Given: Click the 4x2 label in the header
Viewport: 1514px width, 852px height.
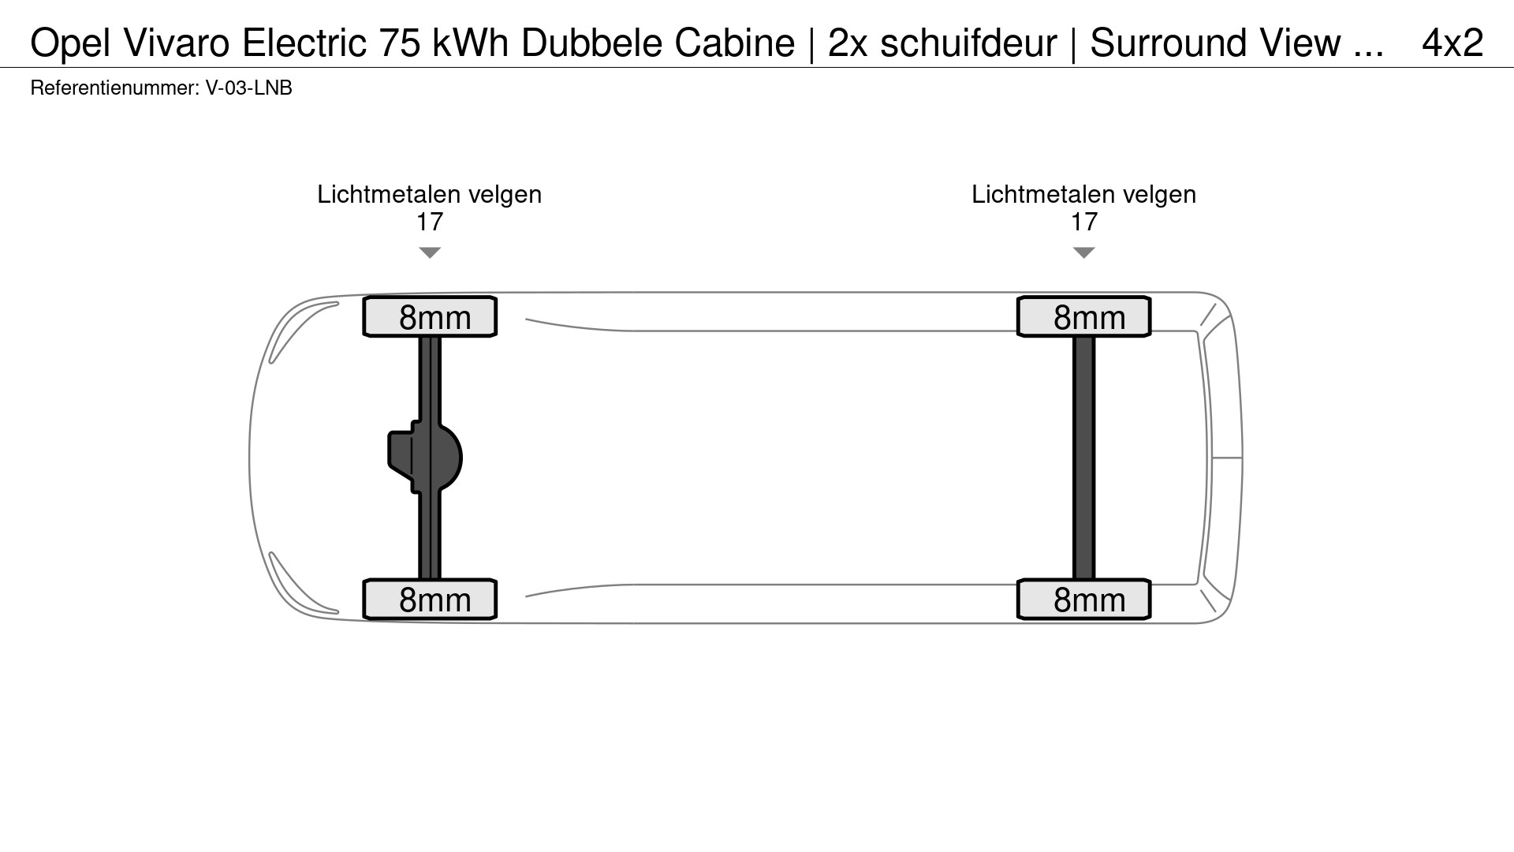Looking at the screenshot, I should click(1452, 43).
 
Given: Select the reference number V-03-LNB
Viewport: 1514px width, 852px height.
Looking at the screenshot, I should click(248, 88).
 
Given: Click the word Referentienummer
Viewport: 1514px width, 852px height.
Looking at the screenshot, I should click(114, 88).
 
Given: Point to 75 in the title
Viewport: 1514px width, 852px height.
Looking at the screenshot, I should click(399, 43).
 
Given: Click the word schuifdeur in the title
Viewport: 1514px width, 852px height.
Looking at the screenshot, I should click(968, 43).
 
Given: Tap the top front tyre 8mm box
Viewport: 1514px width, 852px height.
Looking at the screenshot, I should click(430, 317).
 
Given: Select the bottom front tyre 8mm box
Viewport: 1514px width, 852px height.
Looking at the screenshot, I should click(430, 600).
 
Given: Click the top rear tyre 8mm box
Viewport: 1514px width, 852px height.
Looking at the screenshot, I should click(1083, 317).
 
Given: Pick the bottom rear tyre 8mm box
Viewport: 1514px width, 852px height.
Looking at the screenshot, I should click(1083, 600).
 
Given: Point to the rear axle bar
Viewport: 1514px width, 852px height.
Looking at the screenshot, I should click(1084, 458).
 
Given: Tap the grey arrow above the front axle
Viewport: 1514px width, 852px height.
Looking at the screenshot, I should click(430, 252).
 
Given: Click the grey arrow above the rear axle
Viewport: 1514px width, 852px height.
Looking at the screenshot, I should click(1084, 252).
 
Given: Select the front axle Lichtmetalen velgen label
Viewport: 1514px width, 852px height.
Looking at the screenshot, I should click(430, 194).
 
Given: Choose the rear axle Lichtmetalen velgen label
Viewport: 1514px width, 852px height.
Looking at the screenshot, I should click(1084, 194).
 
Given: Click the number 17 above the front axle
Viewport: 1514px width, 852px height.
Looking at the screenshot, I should click(430, 222).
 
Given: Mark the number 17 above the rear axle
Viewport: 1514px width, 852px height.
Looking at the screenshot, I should click(1084, 222).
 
